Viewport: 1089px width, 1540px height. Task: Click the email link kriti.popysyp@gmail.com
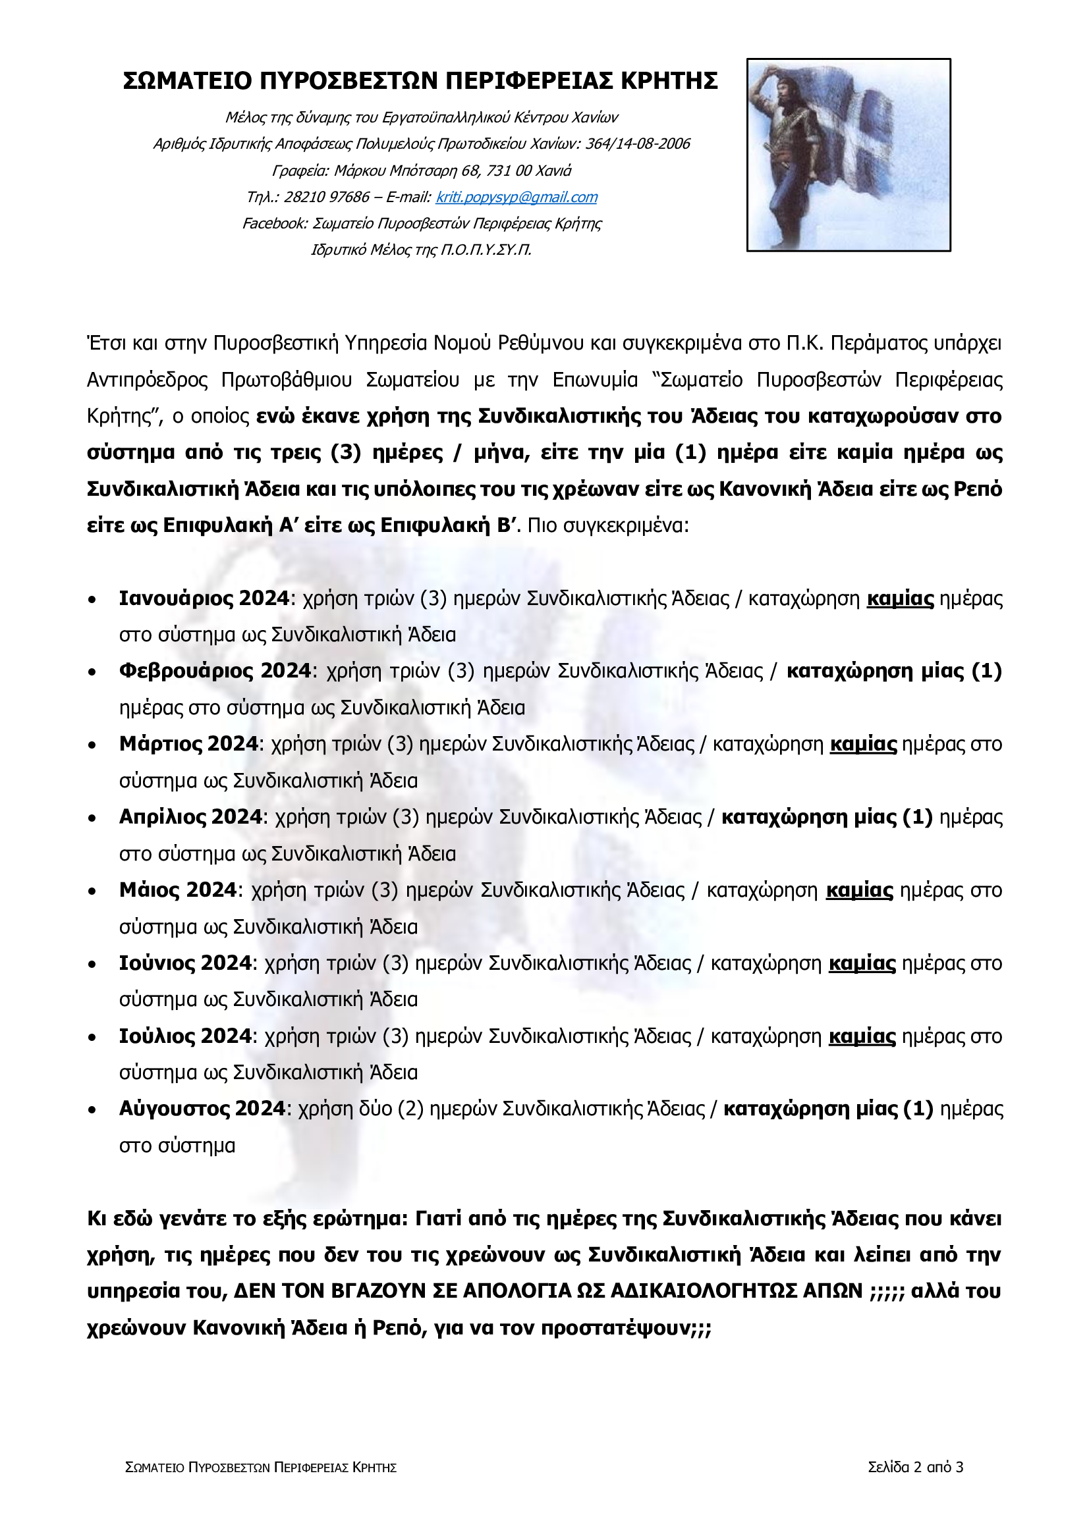(516, 198)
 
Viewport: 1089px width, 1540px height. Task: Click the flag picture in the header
(848, 155)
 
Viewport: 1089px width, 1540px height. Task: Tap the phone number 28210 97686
(327, 198)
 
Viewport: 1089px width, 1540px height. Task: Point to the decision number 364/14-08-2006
(638, 144)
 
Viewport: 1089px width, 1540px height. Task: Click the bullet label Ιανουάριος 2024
(204, 598)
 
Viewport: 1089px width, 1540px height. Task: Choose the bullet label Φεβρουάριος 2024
(215, 671)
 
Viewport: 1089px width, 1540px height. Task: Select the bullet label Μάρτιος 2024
(188, 744)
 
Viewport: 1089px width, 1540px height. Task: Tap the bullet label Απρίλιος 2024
(190, 817)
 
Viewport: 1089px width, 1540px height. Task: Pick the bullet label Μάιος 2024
(178, 890)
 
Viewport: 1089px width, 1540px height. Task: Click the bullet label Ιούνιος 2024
(185, 963)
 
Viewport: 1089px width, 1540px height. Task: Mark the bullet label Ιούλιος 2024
(185, 1036)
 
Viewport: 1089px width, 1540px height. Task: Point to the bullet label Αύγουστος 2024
(202, 1109)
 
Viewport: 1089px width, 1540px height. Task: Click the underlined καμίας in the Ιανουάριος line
(900, 598)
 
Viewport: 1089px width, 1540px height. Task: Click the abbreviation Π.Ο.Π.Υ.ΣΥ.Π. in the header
(485, 250)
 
